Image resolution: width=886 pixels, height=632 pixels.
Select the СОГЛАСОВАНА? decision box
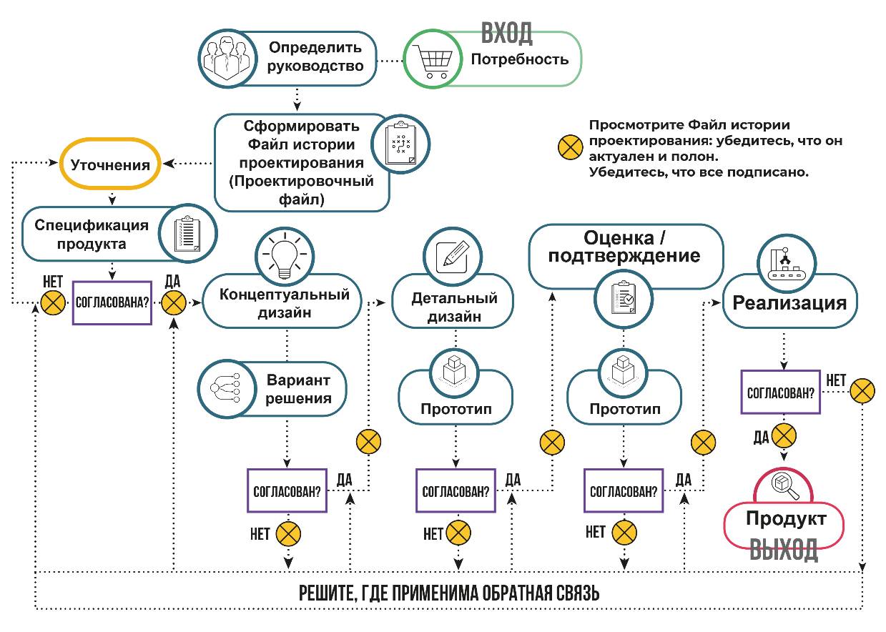(x=112, y=302)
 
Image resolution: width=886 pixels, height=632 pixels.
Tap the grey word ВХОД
(x=506, y=33)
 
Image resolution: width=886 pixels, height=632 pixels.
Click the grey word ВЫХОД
(x=784, y=550)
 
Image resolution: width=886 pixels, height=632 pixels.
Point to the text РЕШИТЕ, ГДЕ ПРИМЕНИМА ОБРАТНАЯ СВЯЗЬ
(x=448, y=593)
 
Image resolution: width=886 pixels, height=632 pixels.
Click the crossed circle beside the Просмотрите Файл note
(x=570, y=148)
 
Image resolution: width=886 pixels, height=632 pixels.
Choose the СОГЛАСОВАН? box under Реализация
(x=781, y=392)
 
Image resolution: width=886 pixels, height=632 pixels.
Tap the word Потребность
(x=519, y=59)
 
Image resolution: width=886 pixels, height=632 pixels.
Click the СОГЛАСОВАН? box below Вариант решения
(x=287, y=490)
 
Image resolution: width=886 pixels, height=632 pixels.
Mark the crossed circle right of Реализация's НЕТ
(x=863, y=390)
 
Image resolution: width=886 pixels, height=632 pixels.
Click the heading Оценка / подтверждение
(x=624, y=247)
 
